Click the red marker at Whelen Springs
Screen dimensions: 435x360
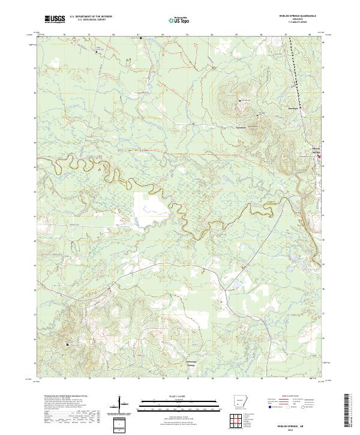tap(319, 157)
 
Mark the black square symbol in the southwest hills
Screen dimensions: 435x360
tap(68, 344)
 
